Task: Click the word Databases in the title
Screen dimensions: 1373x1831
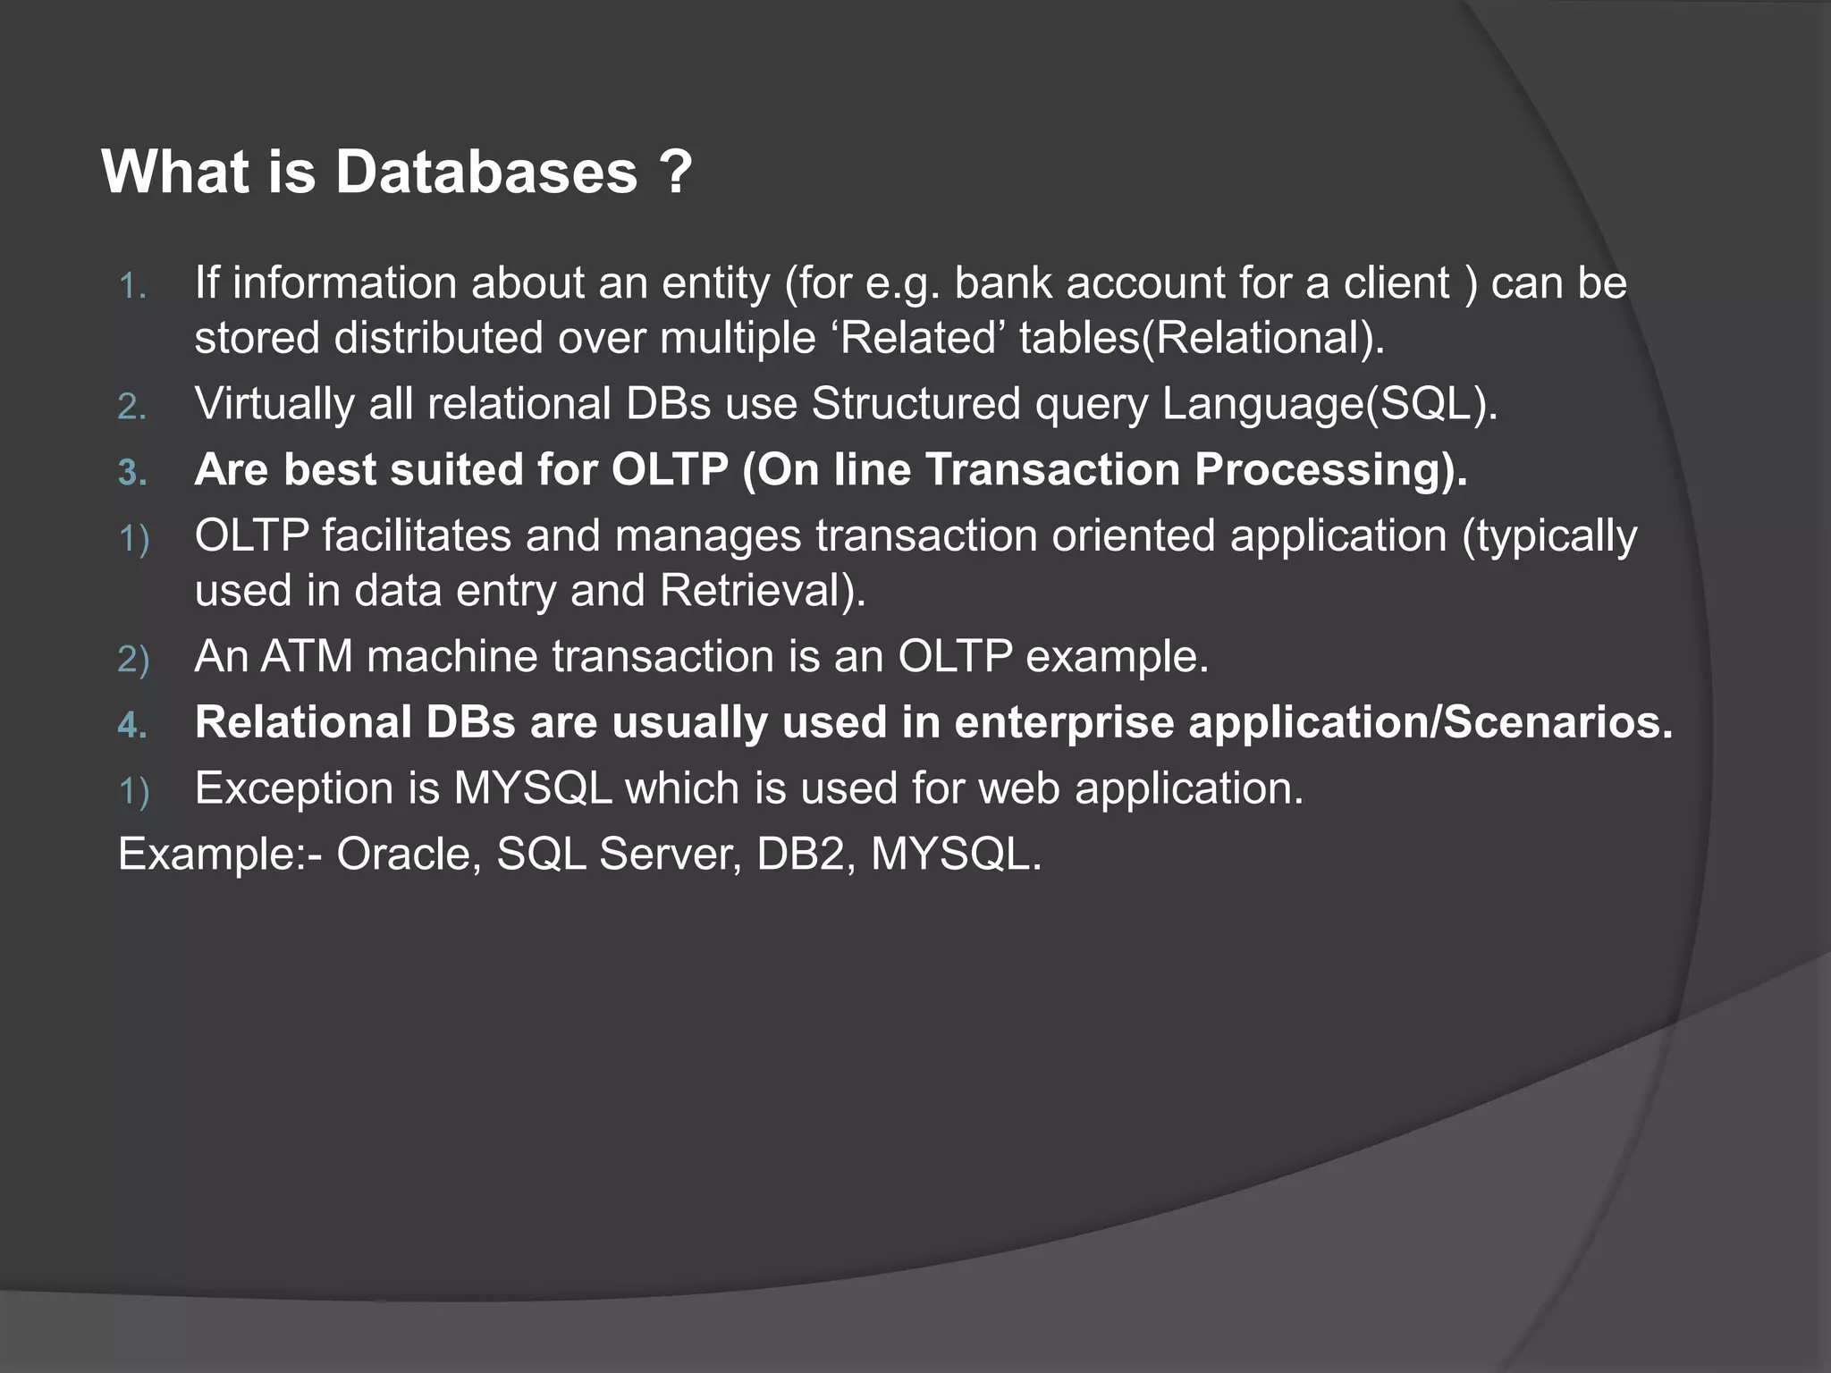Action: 485,172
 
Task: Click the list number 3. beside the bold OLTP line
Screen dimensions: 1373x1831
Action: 132,472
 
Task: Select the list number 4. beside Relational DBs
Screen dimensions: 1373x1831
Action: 132,725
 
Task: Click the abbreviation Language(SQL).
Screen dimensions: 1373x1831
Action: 1329,404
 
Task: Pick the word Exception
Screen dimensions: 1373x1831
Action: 316,789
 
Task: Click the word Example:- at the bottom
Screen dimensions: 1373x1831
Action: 221,855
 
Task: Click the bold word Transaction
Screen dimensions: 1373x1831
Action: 1052,470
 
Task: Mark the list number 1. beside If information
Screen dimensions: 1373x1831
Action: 132,288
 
